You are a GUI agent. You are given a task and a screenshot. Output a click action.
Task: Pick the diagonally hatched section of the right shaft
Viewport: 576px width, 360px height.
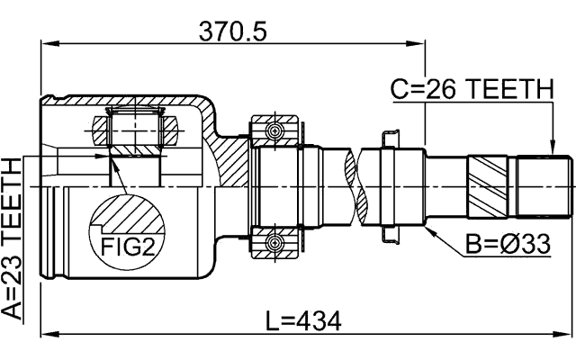[x=490, y=184]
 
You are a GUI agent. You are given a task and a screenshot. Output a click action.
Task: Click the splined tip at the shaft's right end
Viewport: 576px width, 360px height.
[x=546, y=185]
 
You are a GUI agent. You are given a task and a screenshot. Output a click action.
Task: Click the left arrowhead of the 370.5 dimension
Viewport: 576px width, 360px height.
[x=47, y=42]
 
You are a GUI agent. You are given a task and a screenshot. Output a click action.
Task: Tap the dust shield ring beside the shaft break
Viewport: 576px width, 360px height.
[x=388, y=185]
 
